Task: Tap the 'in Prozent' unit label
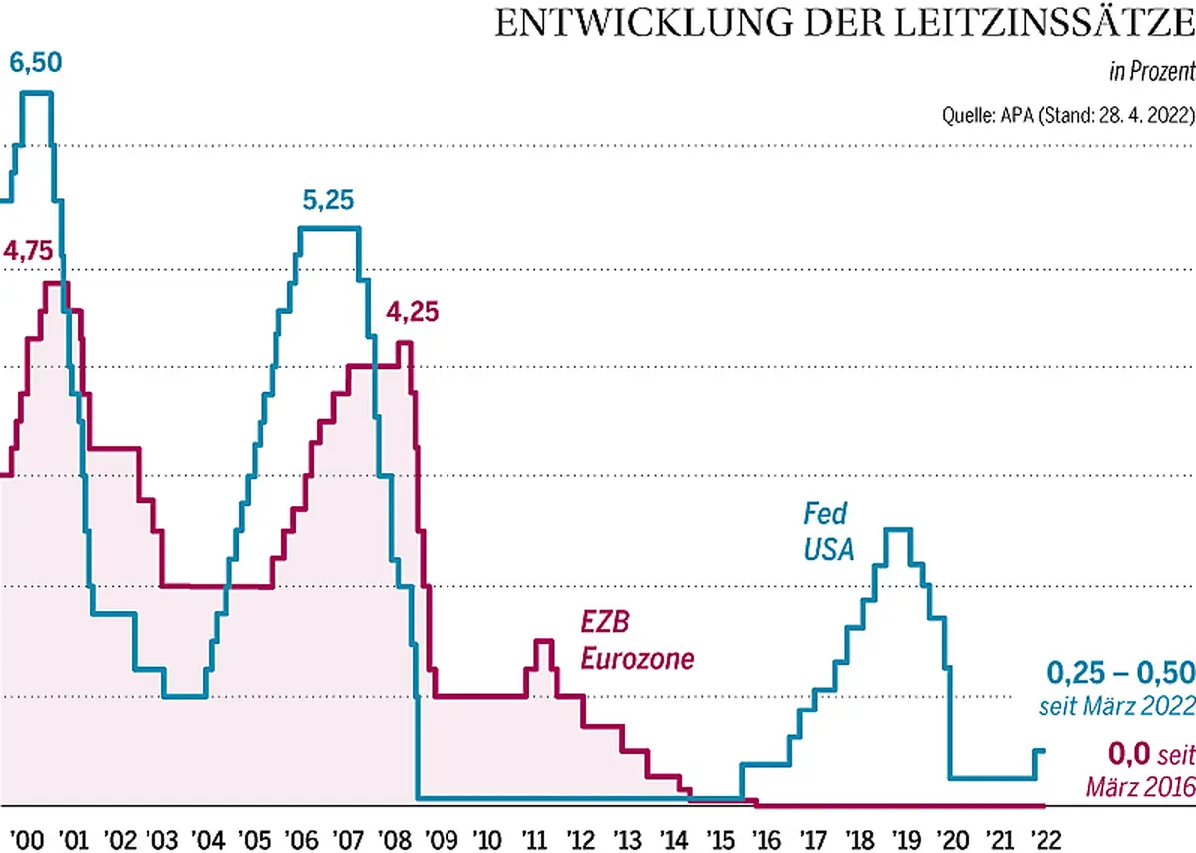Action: click(x=1152, y=72)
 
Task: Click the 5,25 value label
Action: click(x=329, y=203)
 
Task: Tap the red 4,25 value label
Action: click(x=412, y=312)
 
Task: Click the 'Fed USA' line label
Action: click(x=829, y=531)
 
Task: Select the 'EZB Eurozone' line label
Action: click(x=637, y=641)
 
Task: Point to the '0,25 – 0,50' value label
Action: click(x=1120, y=672)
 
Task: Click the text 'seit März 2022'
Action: click(x=1117, y=707)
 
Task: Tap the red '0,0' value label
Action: click(x=1129, y=753)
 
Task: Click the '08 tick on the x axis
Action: click(x=394, y=835)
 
